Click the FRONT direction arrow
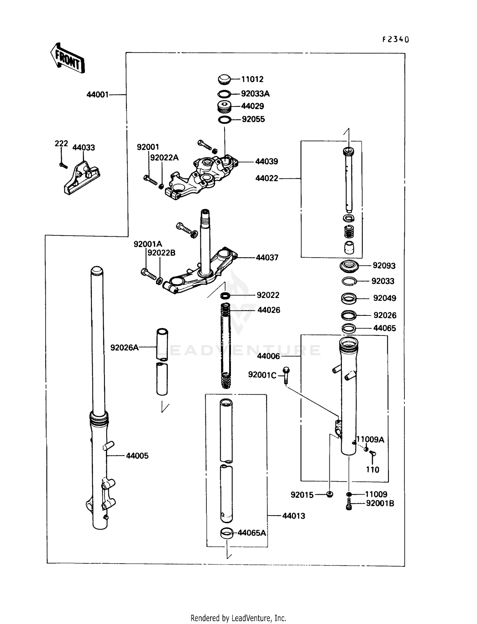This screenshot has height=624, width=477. pyautogui.click(x=68, y=59)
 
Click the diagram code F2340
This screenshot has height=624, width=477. pyautogui.click(x=395, y=39)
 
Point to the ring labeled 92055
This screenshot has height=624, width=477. pyautogui.click(x=225, y=120)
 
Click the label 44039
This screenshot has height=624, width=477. pyautogui.click(x=266, y=162)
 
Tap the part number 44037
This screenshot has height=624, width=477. pyautogui.click(x=267, y=258)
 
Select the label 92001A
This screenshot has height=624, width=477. pyautogui.click(x=148, y=244)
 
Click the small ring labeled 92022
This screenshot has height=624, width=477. pyautogui.click(x=225, y=296)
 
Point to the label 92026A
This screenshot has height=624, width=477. pyautogui.click(x=124, y=348)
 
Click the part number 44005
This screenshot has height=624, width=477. pyautogui.click(x=137, y=456)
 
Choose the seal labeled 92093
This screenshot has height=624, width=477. pyautogui.click(x=349, y=266)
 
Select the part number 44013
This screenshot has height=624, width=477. pyautogui.click(x=294, y=516)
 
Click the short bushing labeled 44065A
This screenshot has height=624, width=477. pyautogui.click(x=227, y=533)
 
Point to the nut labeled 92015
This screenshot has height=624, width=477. pyautogui.click(x=330, y=495)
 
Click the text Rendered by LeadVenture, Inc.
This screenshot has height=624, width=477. pyautogui.click(x=238, y=618)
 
